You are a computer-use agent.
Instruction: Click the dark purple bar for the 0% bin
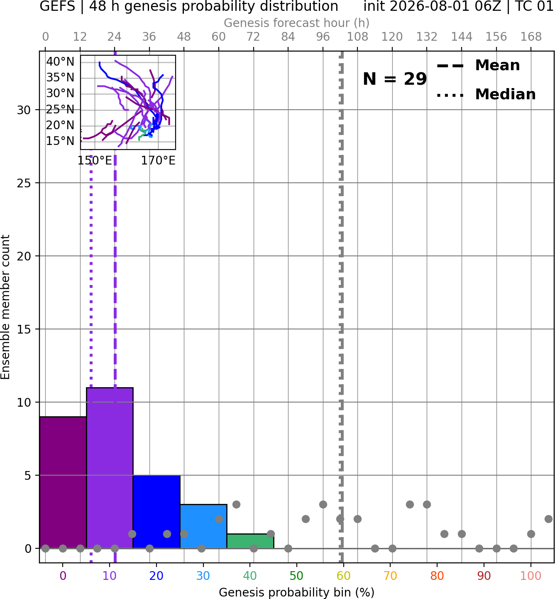[x=63, y=482]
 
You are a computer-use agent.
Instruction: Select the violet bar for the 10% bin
[x=110, y=468]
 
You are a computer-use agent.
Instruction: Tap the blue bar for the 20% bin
[x=156, y=512]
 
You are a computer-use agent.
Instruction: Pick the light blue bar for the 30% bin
[x=203, y=526]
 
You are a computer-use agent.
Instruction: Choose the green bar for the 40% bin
[x=250, y=541]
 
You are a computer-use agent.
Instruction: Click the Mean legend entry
[x=479, y=66]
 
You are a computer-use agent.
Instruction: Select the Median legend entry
[x=486, y=94]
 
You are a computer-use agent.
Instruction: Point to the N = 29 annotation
[x=395, y=79]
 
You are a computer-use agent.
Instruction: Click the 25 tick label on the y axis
[x=24, y=183]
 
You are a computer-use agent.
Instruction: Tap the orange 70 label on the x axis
[x=390, y=576]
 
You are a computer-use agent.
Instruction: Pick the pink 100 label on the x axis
[x=531, y=576]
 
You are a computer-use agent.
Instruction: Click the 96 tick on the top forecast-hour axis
[x=323, y=37]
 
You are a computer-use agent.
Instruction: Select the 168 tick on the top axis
[x=531, y=37]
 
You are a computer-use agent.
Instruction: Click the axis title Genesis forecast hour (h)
[x=297, y=23]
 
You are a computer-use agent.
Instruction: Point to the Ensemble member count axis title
[x=5, y=307]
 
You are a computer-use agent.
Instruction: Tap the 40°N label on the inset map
[x=60, y=62]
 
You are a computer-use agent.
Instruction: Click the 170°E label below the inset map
[x=158, y=161]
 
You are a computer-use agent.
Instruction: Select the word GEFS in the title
[x=57, y=6]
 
